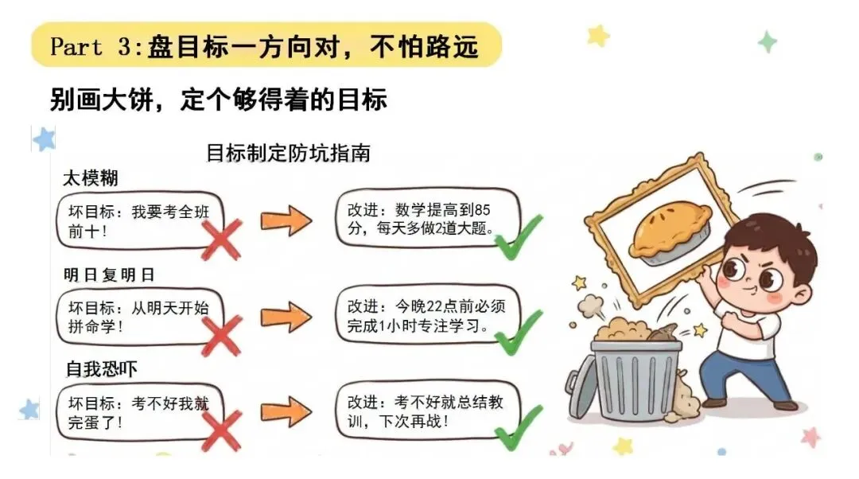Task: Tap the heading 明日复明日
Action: pyautogui.click(x=109, y=275)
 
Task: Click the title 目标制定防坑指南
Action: pyautogui.click(x=288, y=152)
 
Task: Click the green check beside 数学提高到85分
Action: pyautogui.click(x=519, y=236)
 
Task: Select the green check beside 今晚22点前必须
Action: pyautogui.click(x=519, y=332)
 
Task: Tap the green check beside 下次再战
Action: pyautogui.click(x=519, y=427)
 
